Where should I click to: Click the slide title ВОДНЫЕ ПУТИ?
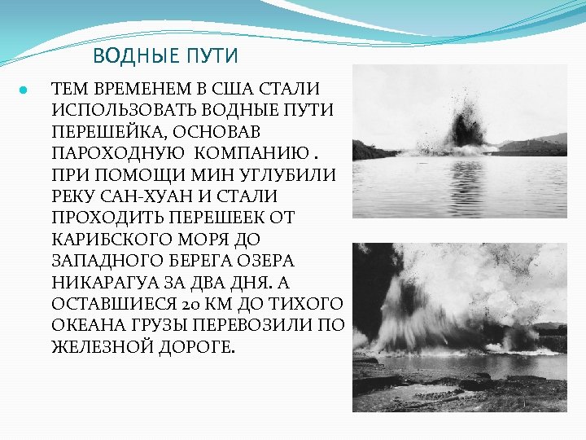pos(165,56)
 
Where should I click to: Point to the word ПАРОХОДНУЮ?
pos(103,152)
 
